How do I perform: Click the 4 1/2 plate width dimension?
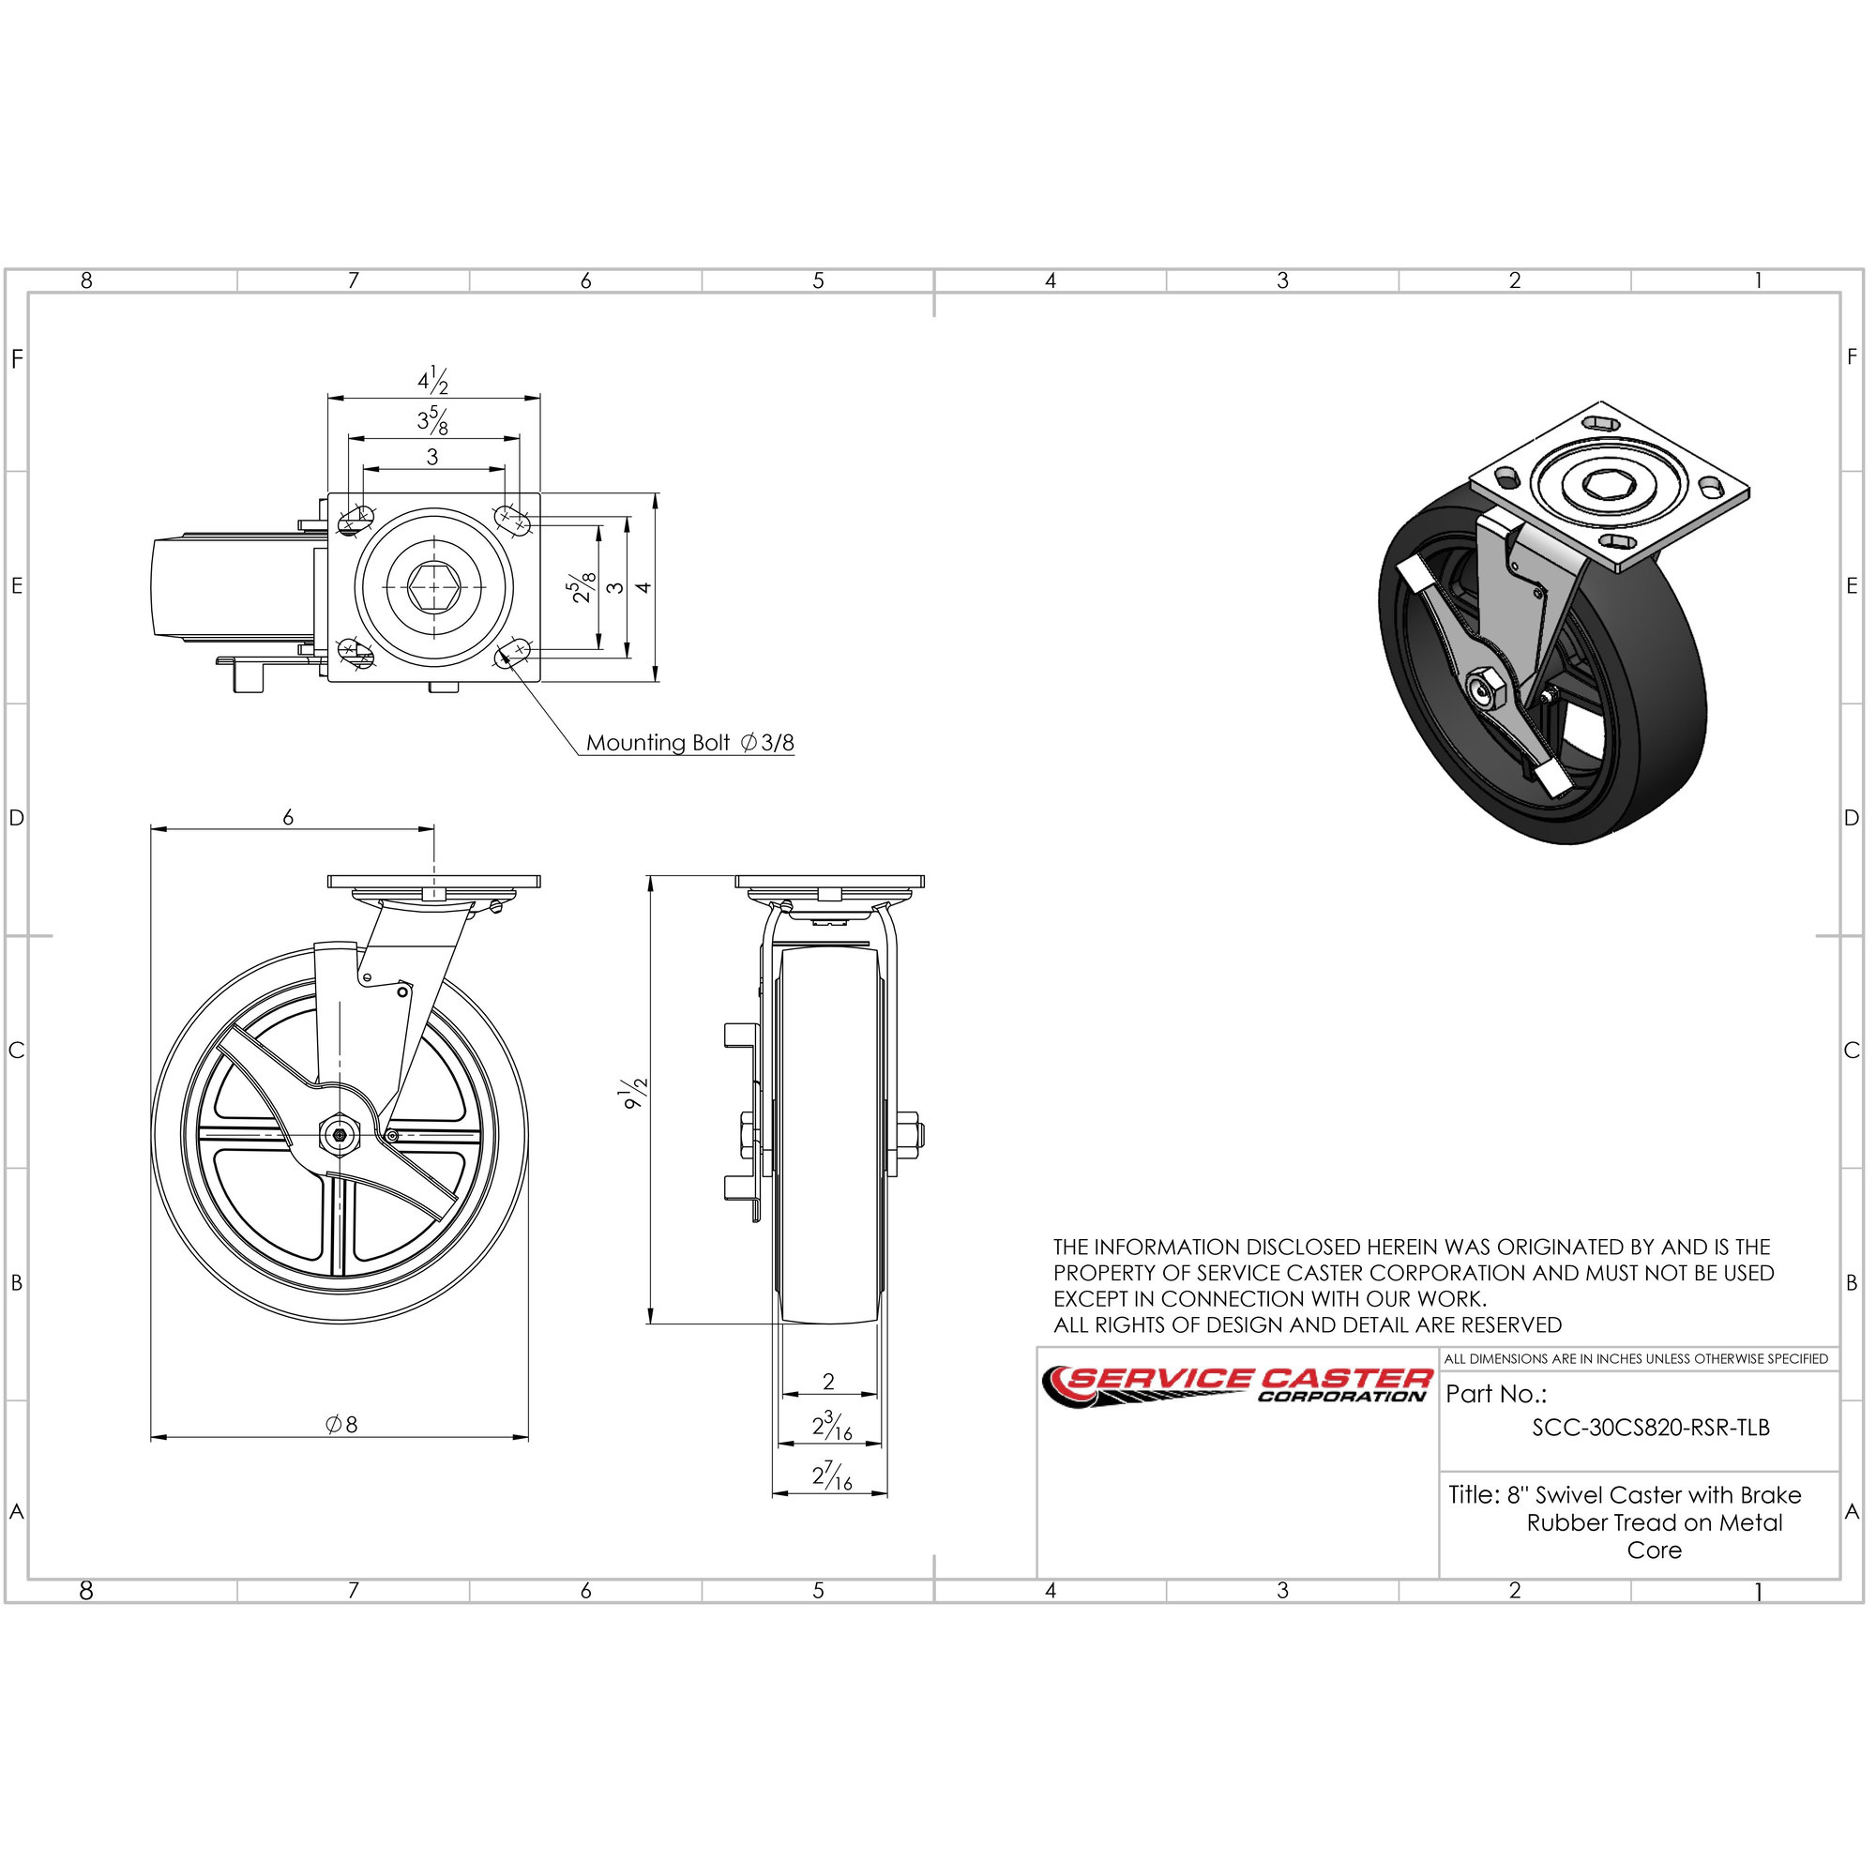click(x=433, y=380)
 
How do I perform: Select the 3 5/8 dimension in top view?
click(x=433, y=420)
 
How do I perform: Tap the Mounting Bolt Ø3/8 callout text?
click(x=689, y=743)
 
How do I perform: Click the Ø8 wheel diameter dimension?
click(x=341, y=1425)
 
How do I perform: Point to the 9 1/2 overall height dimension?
click(x=635, y=1094)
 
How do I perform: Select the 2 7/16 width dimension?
click(x=832, y=1477)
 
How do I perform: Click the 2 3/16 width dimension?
click(x=832, y=1426)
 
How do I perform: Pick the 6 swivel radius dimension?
click(x=288, y=818)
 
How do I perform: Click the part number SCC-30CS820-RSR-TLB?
click(x=1651, y=1428)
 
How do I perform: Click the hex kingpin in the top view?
click(x=432, y=585)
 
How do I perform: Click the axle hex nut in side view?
click(x=339, y=1134)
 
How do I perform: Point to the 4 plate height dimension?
click(x=643, y=586)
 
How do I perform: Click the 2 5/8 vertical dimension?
click(x=582, y=586)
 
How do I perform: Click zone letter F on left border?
click(x=17, y=359)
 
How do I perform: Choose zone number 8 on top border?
click(x=86, y=280)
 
